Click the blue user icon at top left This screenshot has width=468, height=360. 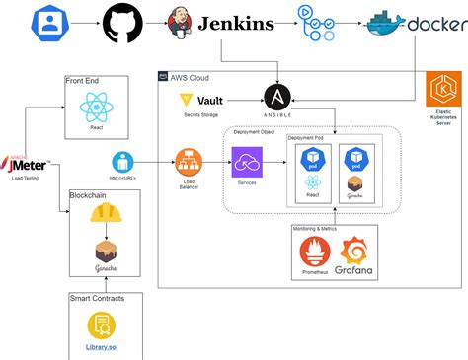[x=49, y=22]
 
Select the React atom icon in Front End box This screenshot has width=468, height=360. [x=97, y=107]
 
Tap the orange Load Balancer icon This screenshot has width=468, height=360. [x=188, y=160]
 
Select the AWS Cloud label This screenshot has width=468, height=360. [x=191, y=77]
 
